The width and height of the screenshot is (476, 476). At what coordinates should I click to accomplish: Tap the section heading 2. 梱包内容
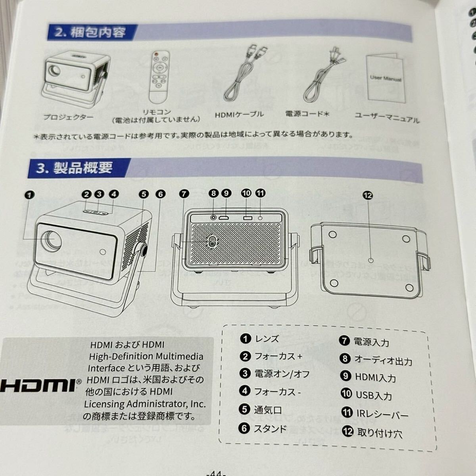(x=90, y=33)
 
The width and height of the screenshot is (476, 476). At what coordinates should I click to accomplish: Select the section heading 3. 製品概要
(x=75, y=168)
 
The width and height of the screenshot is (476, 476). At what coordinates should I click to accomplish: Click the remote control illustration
(x=159, y=77)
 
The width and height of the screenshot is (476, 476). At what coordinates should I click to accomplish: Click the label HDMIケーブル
(x=239, y=114)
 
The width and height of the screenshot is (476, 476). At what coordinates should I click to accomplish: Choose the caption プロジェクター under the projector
(x=68, y=117)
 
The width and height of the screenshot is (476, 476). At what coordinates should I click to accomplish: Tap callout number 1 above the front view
(x=29, y=195)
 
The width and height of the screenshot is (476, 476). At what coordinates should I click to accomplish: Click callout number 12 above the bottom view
(x=368, y=196)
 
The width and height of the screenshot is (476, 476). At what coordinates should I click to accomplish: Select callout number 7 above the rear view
(x=184, y=194)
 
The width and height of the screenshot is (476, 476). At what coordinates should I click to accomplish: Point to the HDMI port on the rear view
(x=224, y=218)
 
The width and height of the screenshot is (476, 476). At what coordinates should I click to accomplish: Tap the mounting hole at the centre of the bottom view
(x=370, y=260)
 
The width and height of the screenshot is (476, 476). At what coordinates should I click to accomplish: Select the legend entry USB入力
(x=374, y=396)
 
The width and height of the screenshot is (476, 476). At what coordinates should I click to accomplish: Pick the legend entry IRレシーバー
(x=382, y=414)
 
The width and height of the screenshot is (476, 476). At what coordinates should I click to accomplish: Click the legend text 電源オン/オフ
(x=282, y=374)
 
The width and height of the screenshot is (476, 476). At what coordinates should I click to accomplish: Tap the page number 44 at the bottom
(x=216, y=473)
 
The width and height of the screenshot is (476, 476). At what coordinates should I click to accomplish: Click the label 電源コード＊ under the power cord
(x=307, y=114)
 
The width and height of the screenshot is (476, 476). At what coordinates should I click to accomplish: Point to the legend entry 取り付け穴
(x=380, y=433)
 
